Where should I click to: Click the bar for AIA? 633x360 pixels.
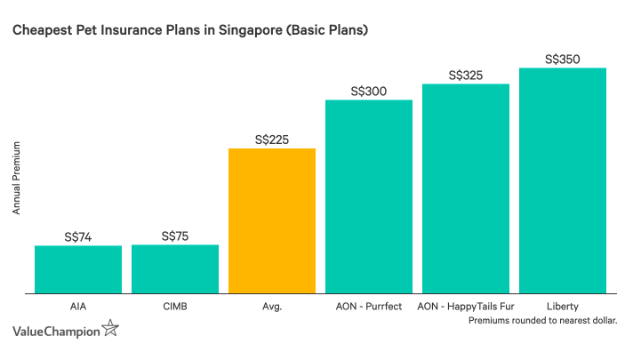pyautogui.click(x=78, y=269)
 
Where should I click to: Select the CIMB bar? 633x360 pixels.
pyautogui.click(x=175, y=268)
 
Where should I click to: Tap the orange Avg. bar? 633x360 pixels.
pyautogui.click(x=272, y=220)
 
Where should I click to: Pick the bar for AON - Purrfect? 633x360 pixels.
pyautogui.click(x=369, y=196)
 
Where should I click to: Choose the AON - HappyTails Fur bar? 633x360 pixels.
pyautogui.click(x=466, y=188)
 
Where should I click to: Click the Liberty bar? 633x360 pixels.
pyautogui.click(x=563, y=180)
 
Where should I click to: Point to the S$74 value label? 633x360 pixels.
pyautogui.click(x=78, y=237)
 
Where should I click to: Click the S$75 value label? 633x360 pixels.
pyautogui.click(x=175, y=236)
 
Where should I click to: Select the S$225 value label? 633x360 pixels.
pyautogui.click(x=272, y=140)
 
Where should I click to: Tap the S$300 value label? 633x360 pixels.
pyautogui.click(x=369, y=92)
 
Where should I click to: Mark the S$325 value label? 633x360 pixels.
pyautogui.click(x=466, y=76)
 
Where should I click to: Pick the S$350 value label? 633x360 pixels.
pyautogui.click(x=563, y=60)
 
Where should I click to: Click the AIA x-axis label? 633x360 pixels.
pyautogui.click(x=78, y=306)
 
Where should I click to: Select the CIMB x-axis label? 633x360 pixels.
pyautogui.click(x=175, y=306)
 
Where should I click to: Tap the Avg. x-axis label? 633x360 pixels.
pyautogui.click(x=272, y=306)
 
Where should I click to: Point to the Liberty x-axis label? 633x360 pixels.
pyautogui.click(x=563, y=306)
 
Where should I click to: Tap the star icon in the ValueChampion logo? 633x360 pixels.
pyautogui.click(x=110, y=330)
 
